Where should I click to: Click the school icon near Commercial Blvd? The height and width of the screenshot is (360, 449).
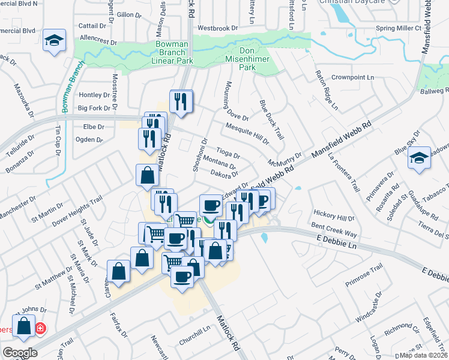(x=55, y=40)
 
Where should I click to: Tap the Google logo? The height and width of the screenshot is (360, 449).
(x=20, y=352)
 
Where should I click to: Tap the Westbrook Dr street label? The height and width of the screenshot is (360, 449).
(x=218, y=28)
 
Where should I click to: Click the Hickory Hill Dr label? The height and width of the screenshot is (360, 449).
(x=334, y=217)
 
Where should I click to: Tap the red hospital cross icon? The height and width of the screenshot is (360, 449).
(x=40, y=329)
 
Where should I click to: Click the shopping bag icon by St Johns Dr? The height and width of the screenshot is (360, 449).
(x=24, y=326)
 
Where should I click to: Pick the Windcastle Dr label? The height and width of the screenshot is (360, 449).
(x=368, y=308)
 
